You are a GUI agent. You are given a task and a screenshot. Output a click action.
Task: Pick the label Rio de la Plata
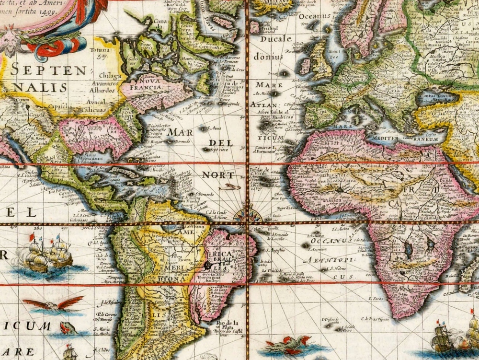click(x=225, y=325)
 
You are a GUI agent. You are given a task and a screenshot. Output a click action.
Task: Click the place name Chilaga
click(x=111, y=75)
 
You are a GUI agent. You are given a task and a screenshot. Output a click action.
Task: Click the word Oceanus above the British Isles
click(x=315, y=16)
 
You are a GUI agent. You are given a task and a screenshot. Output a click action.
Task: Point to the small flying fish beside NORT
click(x=231, y=186)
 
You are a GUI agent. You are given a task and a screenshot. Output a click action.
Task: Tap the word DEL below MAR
click(x=220, y=143)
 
